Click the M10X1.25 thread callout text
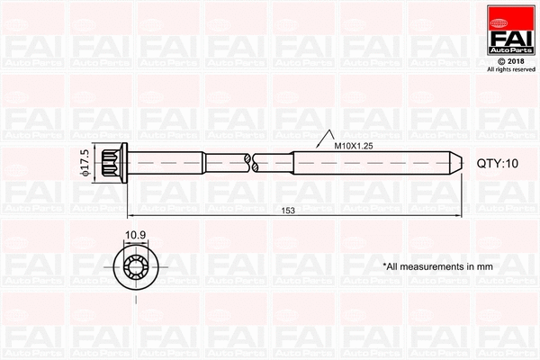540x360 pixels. tap(355, 145)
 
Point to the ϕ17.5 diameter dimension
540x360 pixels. tap(85, 163)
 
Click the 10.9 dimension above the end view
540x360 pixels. tap(136, 236)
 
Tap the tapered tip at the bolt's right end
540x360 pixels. tap(455, 163)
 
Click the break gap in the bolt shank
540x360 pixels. tap(251, 163)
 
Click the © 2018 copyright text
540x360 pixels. tap(509, 60)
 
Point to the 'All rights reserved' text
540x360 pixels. tap(509, 69)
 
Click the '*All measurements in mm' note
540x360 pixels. tap(437, 266)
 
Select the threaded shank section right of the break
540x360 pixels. tap(360, 163)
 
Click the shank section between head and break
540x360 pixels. tap(189, 163)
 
